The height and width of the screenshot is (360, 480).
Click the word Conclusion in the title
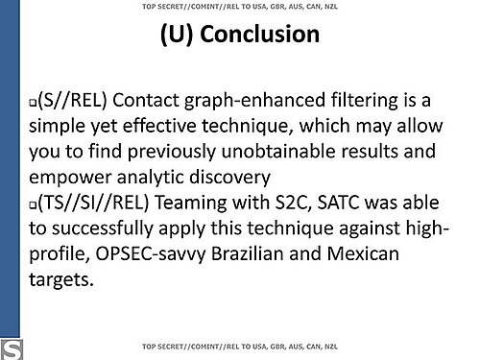pyautogui.click(x=259, y=34)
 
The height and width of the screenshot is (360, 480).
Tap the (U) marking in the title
pyautogui.click(x=177, y=35)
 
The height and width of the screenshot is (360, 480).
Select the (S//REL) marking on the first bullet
pyautogui.click(x=72, y=100)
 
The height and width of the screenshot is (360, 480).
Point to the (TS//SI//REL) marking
pyautogui.click(x=93, y=203)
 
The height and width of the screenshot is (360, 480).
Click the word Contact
pyautogui.click(x=146, y=100)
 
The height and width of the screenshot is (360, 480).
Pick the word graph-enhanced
pyautogui.click(x=254, y=101)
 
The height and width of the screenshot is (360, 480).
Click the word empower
pyautogui.click(x=70, y=178)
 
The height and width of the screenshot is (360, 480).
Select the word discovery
pyautogui.click(x=229, y=178)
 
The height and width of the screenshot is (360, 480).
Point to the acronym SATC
pyautogui.click(x=338, y=203)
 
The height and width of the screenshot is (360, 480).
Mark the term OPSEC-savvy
pyautogui.click(x=151, y=254)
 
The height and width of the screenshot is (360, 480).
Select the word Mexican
pyautogui.click(x=363, y=253)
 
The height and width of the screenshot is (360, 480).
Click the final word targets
pyautogui.click(x=61, y=280)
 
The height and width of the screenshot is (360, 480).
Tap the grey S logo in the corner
pyautogui.click(x=12, y=350)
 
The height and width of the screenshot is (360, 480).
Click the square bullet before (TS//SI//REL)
pyautogui.click(x=33, y=205)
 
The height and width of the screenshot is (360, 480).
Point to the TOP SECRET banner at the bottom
pyautogui.click(x=240, y=347)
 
